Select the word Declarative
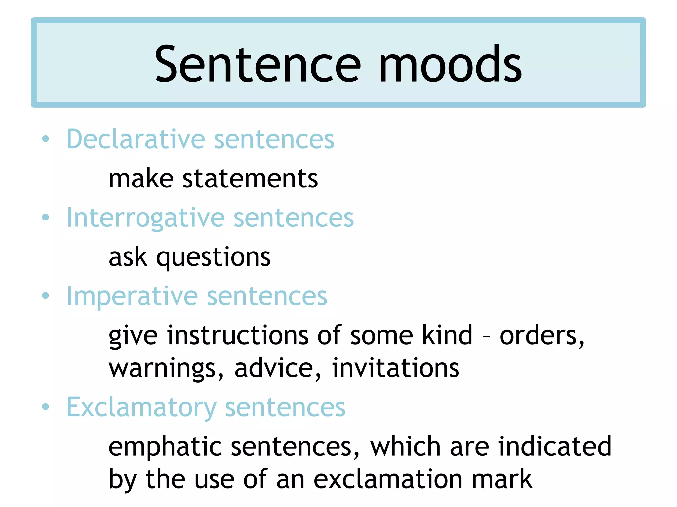click(x=136, y=139)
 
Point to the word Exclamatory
click(x=141, y=408)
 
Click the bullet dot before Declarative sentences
click(x=46, y=139)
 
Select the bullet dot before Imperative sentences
click(x=46, y=296)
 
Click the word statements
click(x=250, y=179)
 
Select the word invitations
click(x=395, y=368)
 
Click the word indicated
click(x=555, y=446)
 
